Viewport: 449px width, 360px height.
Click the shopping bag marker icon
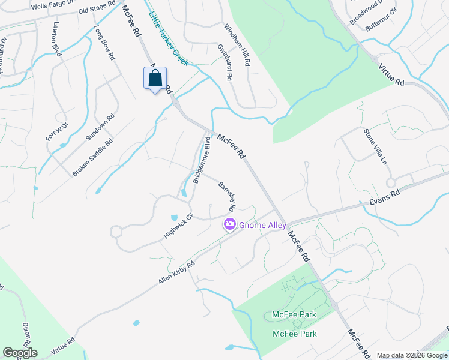tap(155, 79)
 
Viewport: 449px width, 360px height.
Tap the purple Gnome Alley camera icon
tap(230, 225)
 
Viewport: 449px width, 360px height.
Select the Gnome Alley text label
tap(261, 225)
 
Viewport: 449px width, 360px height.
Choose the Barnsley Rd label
tap(226, 197)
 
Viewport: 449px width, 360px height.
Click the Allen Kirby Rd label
tap(177, 273)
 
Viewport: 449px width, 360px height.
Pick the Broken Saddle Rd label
tap(93, 158)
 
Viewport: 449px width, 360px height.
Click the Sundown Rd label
tap(100, 128)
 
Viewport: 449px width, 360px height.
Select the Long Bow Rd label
tap(104, 43)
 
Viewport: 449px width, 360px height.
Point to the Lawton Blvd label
tap(58, 40)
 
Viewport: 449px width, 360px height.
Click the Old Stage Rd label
tap(97, 8)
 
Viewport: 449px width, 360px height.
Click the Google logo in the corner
tap(20, 352)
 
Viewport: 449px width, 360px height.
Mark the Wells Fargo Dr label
tap(51, 5)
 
